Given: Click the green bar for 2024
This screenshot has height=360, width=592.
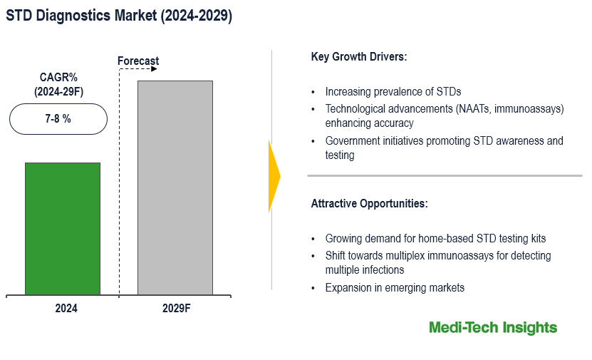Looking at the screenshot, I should (63, 228).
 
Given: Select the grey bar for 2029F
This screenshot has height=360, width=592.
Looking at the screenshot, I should (175, 187).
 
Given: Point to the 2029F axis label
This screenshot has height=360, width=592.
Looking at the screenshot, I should (175, 309).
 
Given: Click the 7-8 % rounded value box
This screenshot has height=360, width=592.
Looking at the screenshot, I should (58, 119).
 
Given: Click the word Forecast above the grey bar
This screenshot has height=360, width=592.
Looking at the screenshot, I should (138, 61).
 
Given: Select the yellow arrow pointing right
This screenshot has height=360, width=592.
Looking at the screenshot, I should (274, 176).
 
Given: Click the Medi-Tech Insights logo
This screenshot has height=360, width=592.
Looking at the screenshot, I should (492, 327).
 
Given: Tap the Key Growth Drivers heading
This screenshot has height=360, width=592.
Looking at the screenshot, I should (359, 57).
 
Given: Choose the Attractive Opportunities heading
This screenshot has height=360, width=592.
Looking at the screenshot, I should (369, 204).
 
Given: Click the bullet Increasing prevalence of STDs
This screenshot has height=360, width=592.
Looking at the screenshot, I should (393, 91).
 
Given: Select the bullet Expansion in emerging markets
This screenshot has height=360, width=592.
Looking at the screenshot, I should (395, 287).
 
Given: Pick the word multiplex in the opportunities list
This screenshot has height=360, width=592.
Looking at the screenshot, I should (417, 255).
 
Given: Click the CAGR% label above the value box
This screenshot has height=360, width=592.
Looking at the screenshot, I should (58, 77).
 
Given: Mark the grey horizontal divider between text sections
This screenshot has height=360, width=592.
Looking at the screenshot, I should (444, 175).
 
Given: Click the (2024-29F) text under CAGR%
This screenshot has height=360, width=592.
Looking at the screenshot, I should (58, 91).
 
